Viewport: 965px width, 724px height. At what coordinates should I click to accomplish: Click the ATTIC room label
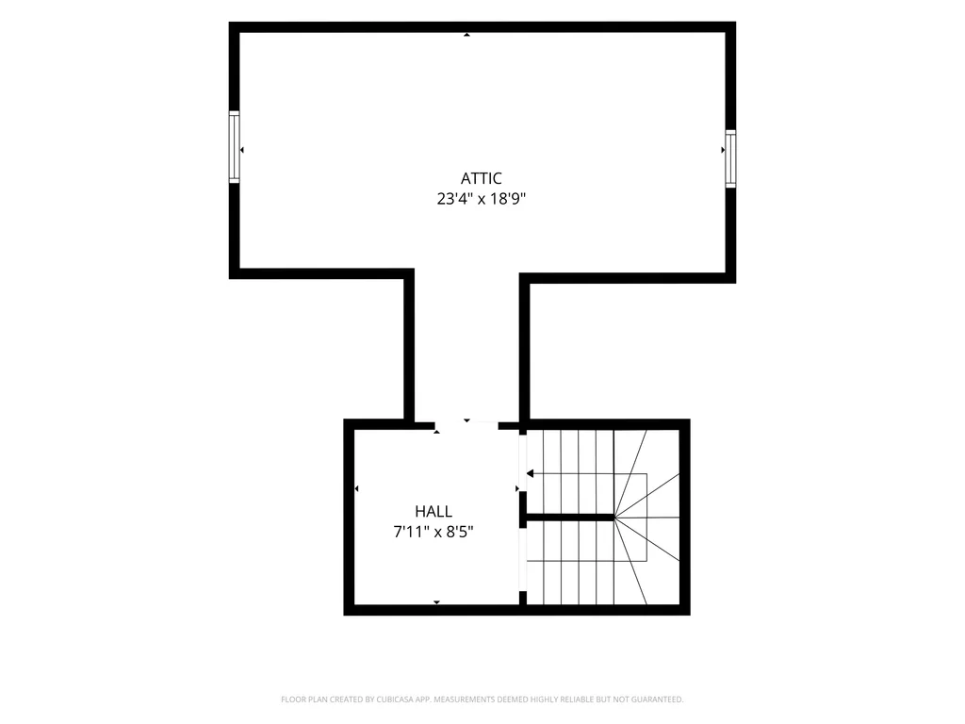click(482, 178)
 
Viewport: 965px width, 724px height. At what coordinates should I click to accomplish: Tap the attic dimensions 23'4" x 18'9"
click(482, 199)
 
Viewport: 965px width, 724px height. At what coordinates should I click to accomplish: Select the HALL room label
click(433, 511)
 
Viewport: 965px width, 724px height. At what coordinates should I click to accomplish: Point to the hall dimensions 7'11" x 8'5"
click(433, 532)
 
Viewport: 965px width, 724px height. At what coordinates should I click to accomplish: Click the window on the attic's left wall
click(234, 146)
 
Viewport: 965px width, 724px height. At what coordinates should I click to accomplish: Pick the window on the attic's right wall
click(730, 158)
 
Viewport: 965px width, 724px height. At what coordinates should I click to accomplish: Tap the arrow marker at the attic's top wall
click(467, 35)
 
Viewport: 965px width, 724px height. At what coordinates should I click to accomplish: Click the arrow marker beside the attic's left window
click(242, 150)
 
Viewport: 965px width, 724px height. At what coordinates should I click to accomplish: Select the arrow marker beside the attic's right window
click(723, 150)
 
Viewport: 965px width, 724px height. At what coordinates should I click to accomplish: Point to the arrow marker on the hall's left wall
click(357, 489)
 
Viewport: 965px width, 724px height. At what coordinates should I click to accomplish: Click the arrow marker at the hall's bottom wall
click(437, 601)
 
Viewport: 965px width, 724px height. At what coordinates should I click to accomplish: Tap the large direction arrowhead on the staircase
click(530, 473)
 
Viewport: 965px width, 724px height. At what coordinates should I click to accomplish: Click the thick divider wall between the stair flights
click(566, 518)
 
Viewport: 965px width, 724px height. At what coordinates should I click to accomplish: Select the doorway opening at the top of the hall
click(467, 425)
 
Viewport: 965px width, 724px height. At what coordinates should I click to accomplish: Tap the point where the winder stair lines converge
click(614, 518)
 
